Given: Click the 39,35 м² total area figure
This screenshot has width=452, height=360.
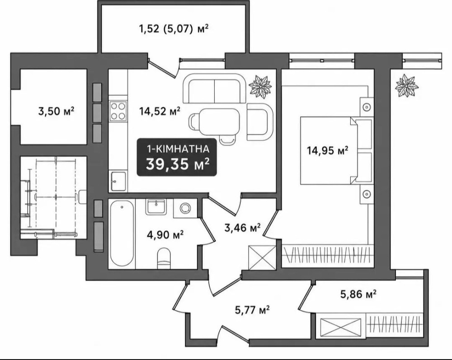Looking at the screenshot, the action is point(177,164).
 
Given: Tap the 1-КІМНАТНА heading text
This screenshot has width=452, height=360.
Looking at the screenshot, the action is point(178,149).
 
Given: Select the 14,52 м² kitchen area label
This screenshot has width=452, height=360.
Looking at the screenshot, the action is point(160,111).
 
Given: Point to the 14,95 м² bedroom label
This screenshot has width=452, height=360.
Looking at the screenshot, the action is point(327,150).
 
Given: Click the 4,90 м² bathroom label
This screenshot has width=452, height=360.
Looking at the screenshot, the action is point(165,235).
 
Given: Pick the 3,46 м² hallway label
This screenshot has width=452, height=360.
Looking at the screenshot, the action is point(242,228).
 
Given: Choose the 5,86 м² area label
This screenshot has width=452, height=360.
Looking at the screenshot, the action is point(358,295).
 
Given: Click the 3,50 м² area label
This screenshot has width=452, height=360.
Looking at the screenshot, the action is point(56,111).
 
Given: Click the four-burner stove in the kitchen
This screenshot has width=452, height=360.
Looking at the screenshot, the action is point(118,111).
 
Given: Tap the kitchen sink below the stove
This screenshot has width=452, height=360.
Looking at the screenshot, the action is point(118,181).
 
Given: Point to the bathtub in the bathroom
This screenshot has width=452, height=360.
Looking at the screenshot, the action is point(122,234).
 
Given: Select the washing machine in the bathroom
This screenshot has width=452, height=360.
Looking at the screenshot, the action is point(185,208).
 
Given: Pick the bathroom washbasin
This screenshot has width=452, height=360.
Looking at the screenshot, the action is point(156,207).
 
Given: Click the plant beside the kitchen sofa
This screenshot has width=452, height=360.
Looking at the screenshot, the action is point(261,85).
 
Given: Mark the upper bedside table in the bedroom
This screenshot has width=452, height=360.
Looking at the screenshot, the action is point(367,108).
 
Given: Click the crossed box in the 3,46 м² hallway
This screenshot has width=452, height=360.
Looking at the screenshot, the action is point(262,258).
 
